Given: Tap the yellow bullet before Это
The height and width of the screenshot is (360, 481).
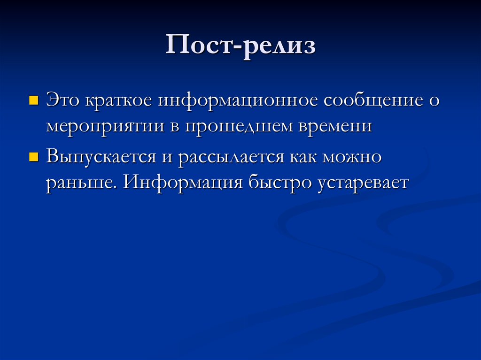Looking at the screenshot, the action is tap(34, 100).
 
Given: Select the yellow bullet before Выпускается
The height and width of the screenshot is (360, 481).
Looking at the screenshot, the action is tap(34, 157).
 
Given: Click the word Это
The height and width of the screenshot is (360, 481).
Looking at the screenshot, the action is tap(62, 100).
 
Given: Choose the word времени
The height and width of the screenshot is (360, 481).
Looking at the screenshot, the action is tap(335, 126).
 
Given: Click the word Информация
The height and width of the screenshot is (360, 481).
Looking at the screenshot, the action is tap(183, 183).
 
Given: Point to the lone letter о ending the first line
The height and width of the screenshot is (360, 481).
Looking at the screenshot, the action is tap(434, 100).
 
